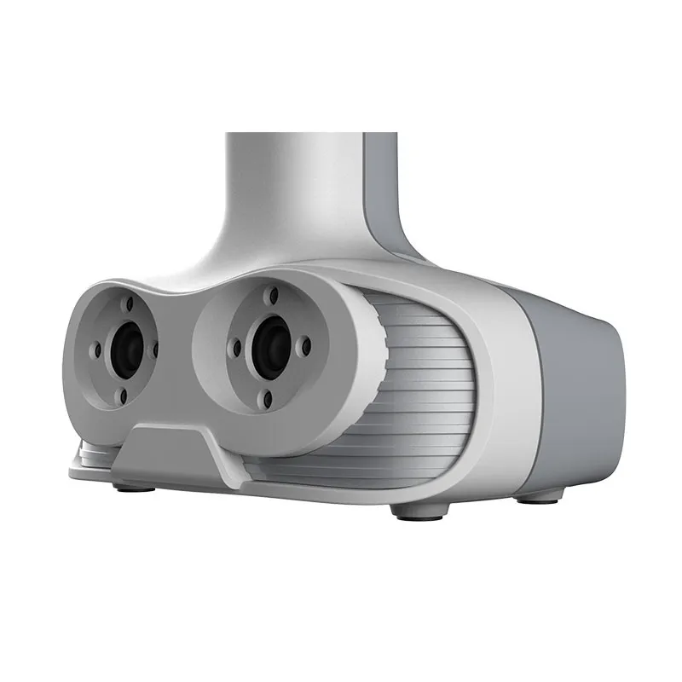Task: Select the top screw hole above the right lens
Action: tap(274, 295)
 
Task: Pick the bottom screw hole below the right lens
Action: tap(269, 399)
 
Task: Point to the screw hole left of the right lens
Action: tap(236, 346)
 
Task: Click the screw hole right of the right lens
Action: tap(305, 347)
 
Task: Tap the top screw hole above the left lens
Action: tap(129, 303)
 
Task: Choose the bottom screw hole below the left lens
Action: tap(124, 396)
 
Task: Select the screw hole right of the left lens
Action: tap(154, 348)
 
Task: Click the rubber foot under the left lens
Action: tap(135, 488)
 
